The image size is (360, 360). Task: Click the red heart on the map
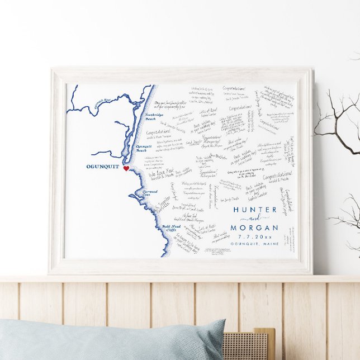(126, 168)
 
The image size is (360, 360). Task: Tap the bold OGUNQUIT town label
(103, 167)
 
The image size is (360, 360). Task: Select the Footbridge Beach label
(157, 116)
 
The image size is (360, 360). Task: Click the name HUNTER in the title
(255, 210)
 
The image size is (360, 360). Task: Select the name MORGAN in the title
(255, 228)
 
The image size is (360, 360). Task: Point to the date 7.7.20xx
(255, 237)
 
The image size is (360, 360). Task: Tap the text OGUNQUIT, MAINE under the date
(255, 245)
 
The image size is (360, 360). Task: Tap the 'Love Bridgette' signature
(219, 155)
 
